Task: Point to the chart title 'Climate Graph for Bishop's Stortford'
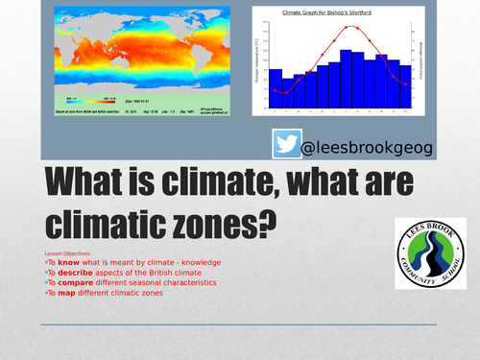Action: [333, 13]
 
